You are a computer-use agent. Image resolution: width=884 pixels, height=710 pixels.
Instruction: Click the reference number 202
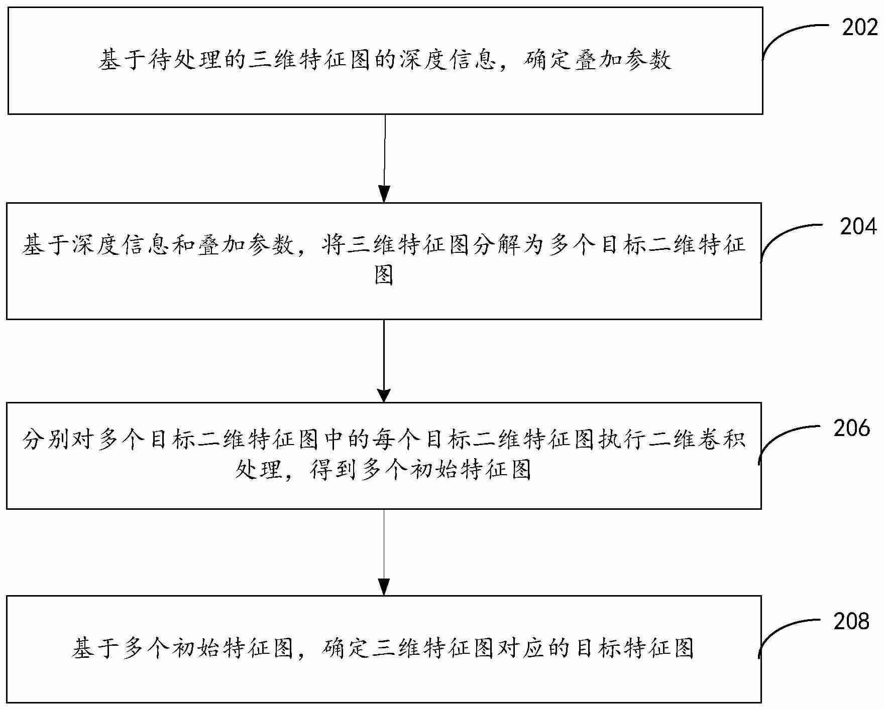tap(859, 28)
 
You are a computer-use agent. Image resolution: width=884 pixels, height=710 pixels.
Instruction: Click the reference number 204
tap(858, 227)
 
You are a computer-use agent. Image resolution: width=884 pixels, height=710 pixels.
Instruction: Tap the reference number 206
tap(851, 428)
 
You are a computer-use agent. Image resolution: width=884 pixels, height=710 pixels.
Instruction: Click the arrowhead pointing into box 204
tap(384, 195)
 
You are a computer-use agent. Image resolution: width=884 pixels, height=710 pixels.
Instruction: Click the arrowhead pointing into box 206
tap(384, 394)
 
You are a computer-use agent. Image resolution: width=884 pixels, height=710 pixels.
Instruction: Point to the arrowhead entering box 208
tap(384, 588)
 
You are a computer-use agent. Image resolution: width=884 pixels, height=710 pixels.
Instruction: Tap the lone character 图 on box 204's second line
tap(384, 275)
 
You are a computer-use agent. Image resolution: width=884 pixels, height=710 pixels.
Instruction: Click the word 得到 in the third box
tap(334, 470)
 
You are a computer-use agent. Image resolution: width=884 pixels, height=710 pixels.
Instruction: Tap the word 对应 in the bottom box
tap(522, 648)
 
